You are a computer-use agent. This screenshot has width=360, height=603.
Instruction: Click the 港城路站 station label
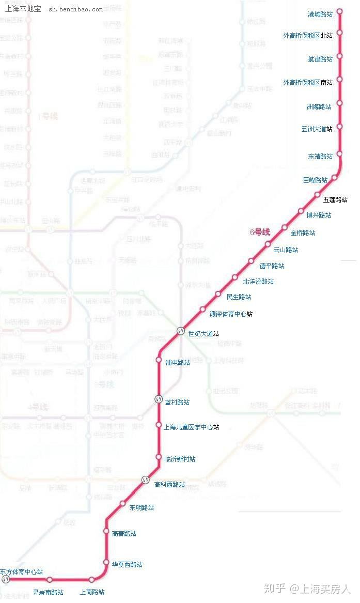coord(320,14)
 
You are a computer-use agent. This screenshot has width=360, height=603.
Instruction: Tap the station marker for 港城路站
coord(339,11)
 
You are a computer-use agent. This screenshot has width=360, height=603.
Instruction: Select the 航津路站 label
coord(320,59)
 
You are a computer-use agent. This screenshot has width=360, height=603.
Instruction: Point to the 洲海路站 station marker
coord(339,103)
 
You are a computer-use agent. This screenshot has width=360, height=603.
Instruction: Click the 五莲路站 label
coord(335,199)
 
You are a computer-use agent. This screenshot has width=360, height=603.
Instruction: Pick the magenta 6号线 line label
coord(260,233)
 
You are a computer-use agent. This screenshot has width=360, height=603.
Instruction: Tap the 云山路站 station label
coord(286,250)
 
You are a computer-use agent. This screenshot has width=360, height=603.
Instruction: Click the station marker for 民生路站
coord(218,294)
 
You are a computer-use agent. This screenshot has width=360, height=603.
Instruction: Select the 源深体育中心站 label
coord(231,314)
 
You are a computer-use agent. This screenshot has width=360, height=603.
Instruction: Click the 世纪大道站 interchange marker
coord(181,331)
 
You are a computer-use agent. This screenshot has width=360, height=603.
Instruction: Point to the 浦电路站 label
coord(177,362)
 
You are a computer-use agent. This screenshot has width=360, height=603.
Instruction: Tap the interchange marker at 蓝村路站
coord(159,399)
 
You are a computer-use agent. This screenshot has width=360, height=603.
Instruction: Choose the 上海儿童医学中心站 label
coord(191,427)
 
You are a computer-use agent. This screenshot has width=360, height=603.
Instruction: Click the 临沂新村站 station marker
coord(159,457)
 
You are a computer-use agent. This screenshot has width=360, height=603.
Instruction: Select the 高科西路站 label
coord(169,484)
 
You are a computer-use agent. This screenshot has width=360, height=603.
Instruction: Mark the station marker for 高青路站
coord(106,531)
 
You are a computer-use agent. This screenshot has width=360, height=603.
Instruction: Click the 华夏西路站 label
coord(127,564)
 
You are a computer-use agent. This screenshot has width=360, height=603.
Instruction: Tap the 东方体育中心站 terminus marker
coord(6,580)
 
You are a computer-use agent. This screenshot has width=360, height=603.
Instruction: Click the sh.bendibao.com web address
coord(75,9)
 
